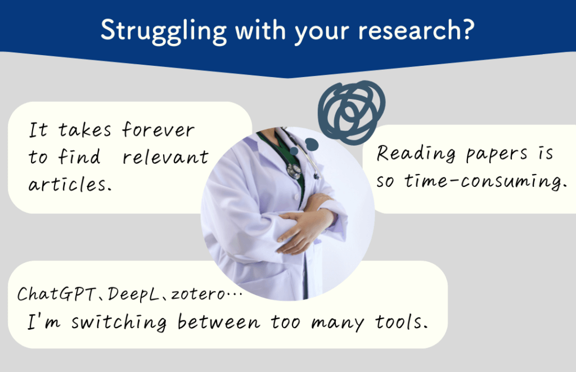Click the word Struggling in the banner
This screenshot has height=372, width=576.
(164, 31)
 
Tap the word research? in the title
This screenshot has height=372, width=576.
(416, 29)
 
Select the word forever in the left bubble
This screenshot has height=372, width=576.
(158, 130)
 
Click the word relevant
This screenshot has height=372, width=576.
(165, 156)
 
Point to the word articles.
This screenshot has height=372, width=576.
(70, 183)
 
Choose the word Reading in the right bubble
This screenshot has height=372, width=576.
(416, 154)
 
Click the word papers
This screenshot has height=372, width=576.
(497, 155)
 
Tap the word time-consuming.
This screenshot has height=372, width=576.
(485, 181)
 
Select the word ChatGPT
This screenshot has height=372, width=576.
(56, 294)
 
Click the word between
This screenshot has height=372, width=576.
(219, 322)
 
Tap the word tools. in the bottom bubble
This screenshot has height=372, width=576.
(401, 322)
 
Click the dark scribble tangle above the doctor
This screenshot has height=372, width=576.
(352, 110)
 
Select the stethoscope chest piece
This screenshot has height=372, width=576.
(294, 170)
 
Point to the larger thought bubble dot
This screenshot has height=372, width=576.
(312, 145)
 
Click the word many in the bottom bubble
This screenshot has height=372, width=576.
(337, 322)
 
